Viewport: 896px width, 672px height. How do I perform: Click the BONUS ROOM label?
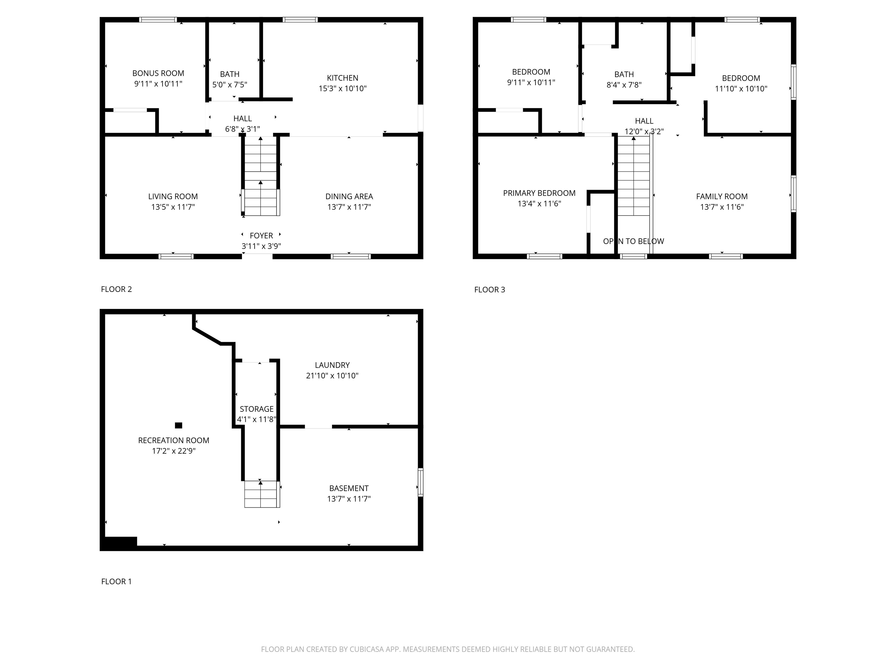[x=158, y=73]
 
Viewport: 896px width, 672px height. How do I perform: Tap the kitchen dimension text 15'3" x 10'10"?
[x=342, y=88]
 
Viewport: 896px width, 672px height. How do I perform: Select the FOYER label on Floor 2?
[x=261, y=235]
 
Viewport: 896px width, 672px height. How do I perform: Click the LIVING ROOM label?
[x=173, y=197]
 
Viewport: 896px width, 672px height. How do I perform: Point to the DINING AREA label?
[x=349, y=197]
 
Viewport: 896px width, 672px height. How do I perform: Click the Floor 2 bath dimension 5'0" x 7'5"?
[x=230, y=85]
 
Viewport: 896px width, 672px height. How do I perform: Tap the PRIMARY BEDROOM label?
[x=539, y=193]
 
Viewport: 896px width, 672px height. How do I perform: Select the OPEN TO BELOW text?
[x=633, y=242]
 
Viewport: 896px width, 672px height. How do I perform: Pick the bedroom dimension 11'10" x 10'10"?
[x=741, y=89]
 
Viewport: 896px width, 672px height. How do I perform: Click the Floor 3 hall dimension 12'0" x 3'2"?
[x=644, y=132]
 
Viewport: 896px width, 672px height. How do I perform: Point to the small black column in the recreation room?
[x=178, y=425]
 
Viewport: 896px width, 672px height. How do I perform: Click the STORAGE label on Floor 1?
[x=256, y=409]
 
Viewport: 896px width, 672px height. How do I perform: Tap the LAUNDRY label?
[x=332, y=365]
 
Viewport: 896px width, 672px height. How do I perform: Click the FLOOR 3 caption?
[x=489, y=290]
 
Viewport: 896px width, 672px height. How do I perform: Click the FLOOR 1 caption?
[x=116, y=582]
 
